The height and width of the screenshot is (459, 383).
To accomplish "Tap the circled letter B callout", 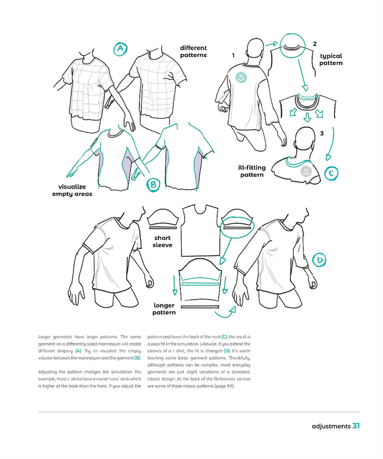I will coord(153,184).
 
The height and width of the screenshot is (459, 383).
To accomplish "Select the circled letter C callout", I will coord(331,173).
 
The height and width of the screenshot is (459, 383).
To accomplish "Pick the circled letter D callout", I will coord(319,260).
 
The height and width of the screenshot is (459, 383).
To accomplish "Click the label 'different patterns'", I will coord(193,52).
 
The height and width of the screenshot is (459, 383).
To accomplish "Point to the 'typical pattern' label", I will coord(330,59).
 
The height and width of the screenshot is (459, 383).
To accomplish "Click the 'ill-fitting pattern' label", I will coord(252,171).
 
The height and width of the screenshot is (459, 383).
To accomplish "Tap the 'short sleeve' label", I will coord(162,242).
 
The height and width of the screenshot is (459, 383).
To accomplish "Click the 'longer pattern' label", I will coord(164,309).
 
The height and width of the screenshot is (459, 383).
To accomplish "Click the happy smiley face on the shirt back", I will coord(242,77).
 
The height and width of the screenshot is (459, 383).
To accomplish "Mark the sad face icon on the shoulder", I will coord(306,171).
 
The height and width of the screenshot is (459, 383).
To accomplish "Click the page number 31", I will coord(356,426).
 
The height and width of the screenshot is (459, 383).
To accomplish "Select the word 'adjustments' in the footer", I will coord(331,426).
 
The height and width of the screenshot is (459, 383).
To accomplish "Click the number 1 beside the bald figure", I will coord(233,55).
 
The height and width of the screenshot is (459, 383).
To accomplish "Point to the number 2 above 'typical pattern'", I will coord(315,44).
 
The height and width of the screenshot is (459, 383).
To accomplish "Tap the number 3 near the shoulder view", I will coord(321,133).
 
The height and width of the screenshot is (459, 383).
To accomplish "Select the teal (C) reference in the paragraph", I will coord(224,337).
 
